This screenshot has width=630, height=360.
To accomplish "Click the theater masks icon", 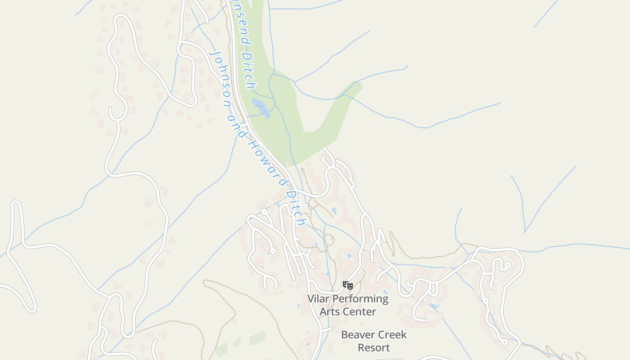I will coord(347,285).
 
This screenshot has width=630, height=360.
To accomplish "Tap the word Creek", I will coord(391,335).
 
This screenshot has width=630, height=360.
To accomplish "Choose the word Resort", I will coord(373,347).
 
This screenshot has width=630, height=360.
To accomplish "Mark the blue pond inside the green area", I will coord(261,108).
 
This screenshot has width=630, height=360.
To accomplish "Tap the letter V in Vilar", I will coord(311,298).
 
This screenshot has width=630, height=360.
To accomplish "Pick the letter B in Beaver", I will coord(345,335).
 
